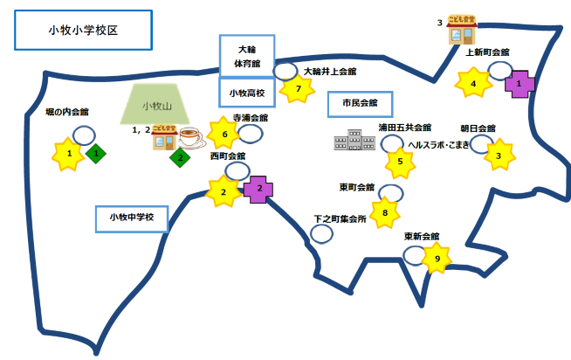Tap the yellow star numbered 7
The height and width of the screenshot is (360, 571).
(298, 88)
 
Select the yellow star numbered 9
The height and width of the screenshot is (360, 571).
(437, 259)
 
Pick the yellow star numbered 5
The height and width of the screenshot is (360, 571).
(400, 161)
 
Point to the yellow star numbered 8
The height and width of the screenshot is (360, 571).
(384, 211)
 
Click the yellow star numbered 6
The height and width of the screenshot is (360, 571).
(225, 135)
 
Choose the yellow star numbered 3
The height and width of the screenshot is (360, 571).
(499, 156)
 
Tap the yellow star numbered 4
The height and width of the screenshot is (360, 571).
(474, 84)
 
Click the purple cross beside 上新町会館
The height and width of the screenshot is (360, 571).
(519, 84)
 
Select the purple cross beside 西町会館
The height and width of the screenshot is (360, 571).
(258, 190)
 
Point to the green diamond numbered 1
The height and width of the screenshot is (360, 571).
(97, 154)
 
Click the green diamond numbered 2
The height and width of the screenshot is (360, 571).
(181, 158)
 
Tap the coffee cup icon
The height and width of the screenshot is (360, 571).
(190, 137)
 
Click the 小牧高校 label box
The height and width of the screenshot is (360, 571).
(246, 92)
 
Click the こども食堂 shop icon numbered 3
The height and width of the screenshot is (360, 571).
(461, 31)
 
